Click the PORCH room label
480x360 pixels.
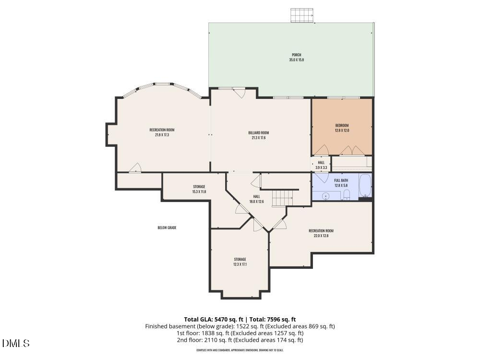click(296, 55)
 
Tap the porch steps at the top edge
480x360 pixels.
click(301, 15)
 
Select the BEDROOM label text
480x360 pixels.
click(342, 125)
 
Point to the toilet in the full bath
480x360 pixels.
click(347, 194)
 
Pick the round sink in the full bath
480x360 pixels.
click(326, 196)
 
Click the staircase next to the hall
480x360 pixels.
click(282, 198)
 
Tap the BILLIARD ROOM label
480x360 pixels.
click(258, 132)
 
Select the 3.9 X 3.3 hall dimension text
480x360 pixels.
click(321, 168)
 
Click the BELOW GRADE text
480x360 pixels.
click(167, 228)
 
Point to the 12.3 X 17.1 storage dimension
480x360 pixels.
click(240, 264)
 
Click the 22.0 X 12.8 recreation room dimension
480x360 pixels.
click(321, 236)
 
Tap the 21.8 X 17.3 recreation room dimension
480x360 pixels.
click(162, 135)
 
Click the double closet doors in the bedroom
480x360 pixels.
click(352, 150)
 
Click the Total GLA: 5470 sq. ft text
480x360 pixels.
click(214, 319)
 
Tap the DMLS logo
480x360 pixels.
click(16, 343)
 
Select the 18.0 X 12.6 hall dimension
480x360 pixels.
click(256, 202)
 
